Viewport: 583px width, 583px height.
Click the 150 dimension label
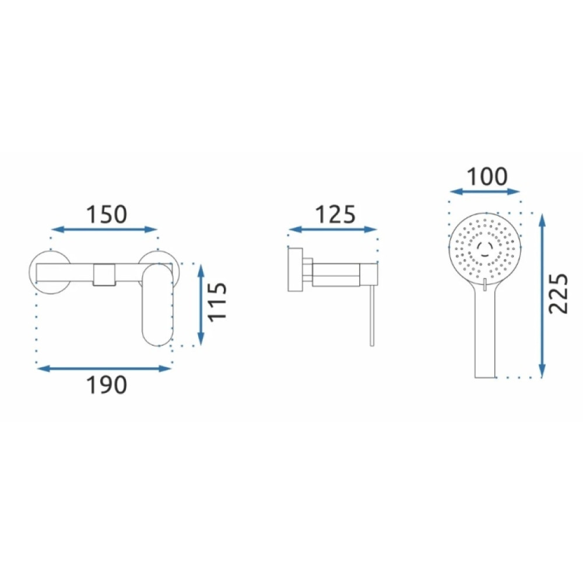[x=107, y=215]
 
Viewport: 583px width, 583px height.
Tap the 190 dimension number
[x=107, y=385]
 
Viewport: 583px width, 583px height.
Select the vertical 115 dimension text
[x=217, y=301]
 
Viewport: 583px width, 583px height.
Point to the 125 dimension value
[x=335, y=215]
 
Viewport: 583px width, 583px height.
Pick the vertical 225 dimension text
[x=559, y=294]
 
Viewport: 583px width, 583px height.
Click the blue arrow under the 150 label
[x=104, y=229]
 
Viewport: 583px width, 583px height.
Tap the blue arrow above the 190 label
[x=104, y=368]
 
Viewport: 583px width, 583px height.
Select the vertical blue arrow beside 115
[x=201, y=304]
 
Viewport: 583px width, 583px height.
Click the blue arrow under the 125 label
[x=333, y=229]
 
